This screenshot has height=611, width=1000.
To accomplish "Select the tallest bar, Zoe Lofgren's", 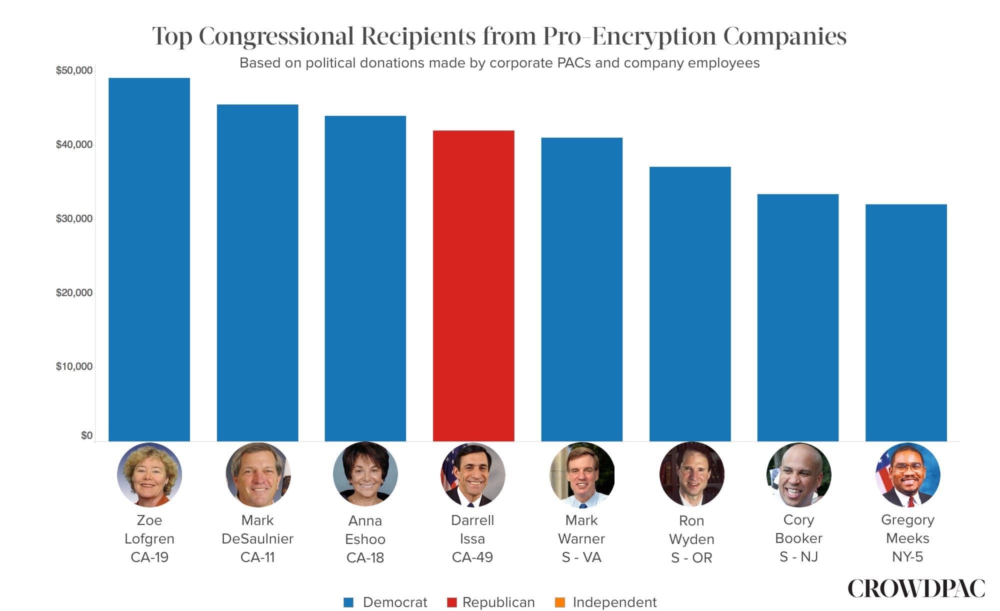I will click(149, 259).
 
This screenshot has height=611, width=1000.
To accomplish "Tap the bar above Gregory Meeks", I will click(906, 322).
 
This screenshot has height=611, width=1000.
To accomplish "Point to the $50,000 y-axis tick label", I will click(74, 70).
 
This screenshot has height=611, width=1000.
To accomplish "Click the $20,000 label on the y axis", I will click(74, 292).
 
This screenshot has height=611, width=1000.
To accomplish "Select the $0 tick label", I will click(86, 435).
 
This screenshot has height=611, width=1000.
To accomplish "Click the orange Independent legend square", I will click(560, 602).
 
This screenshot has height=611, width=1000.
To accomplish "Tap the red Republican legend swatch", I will click(451, 602).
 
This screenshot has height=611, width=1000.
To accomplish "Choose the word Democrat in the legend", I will click(395, 602).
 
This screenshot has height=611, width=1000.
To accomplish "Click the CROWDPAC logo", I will click(916, 588).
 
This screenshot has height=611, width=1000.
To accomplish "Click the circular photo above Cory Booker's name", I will click(798, 475).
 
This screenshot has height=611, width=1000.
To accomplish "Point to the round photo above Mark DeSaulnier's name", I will click(257, 475).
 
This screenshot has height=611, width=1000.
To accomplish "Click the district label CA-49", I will click(472, 557).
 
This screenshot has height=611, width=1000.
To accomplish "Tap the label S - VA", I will click(581, 557).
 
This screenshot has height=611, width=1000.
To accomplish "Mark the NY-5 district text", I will click(907, 556).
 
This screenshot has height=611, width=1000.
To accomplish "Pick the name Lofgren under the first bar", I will click(149, 538).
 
